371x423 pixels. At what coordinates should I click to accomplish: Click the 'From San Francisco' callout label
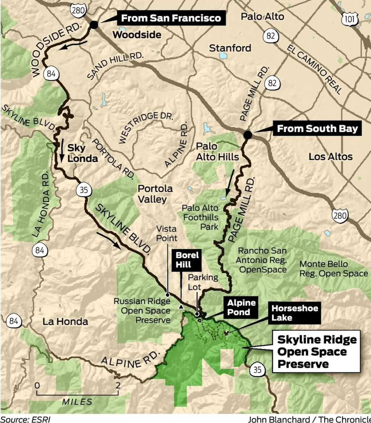[x=171, y=18]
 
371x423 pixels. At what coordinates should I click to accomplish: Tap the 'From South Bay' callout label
[x=317, y=129]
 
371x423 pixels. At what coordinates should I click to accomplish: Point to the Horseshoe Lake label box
[x=294, y=313]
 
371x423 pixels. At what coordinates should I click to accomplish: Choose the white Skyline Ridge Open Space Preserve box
[x=317, y=352]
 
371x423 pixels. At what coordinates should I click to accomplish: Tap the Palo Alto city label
[x=262, y=16]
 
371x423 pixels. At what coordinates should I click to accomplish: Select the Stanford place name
[x=230, y=48]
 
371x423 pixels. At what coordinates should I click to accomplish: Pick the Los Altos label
[x=330, y=157]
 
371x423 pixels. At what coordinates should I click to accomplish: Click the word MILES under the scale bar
[x=77, y=401]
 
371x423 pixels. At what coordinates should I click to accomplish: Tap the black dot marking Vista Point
[x=167, y=294]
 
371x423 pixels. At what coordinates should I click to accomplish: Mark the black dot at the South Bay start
[x=248, y=135]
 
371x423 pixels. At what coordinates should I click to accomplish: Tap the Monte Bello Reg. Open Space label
[x=333, y=268]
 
